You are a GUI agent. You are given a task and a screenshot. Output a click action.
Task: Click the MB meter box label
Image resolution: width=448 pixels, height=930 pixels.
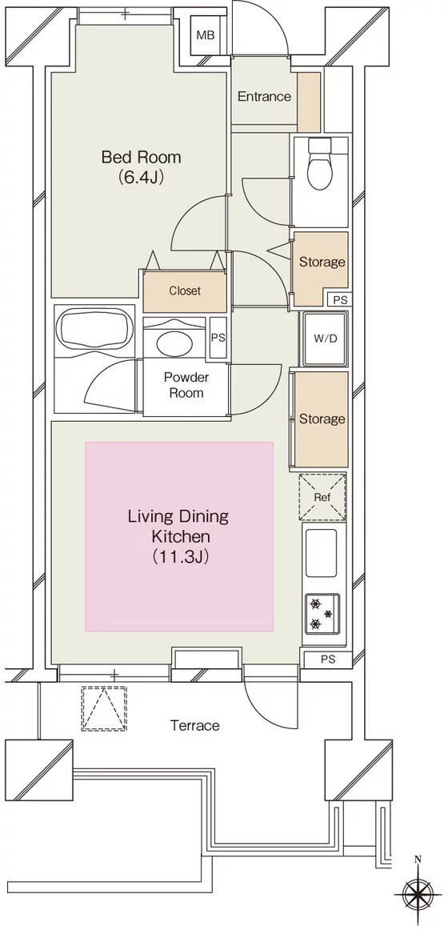[206, 35]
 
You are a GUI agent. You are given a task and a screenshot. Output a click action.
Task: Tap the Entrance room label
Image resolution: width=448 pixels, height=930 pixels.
[264, 96]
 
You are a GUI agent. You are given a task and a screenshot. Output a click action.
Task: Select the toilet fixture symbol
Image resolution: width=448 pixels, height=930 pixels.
[321, 163]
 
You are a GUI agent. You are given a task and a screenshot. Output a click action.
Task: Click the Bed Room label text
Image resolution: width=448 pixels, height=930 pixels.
[141, 157]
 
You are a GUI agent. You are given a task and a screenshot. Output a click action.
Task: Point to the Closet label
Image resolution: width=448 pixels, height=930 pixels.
[185, 291]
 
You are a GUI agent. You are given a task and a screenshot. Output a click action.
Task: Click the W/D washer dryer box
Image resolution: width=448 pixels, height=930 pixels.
[325, 339]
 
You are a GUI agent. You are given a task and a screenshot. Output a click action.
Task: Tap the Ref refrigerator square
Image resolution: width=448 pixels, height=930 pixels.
[322, 497]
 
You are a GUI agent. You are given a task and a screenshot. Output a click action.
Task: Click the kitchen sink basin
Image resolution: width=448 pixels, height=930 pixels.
[321, 552]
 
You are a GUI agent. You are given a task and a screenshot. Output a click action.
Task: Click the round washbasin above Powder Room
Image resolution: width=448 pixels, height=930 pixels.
[175, 343]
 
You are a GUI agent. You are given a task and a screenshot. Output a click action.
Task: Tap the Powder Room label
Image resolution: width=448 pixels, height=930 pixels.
[186, 385]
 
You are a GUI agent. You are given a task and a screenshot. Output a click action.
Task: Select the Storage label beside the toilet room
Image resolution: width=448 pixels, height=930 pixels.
[322, 262]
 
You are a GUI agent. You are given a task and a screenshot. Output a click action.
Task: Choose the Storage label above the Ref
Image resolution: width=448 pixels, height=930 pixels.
[322, 419]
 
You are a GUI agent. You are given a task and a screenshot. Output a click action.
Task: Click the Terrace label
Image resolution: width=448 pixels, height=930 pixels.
[195, 725]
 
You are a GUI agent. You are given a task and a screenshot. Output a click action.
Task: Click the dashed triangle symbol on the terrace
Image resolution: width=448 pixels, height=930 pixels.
[104, 708]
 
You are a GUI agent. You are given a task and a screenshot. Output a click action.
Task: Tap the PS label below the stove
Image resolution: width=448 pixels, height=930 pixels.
[328, 659]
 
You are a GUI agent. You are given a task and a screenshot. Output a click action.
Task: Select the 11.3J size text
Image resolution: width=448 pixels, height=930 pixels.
[178, 556]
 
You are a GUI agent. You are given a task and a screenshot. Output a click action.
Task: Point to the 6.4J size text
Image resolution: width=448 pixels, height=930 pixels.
[141, 178]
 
